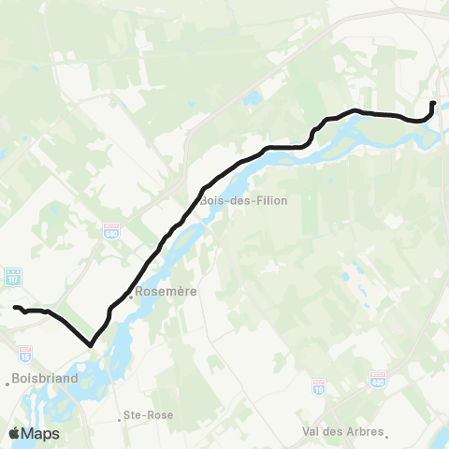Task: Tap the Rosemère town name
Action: click(167, 292)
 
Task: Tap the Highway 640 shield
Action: click(111, 228)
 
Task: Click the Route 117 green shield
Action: click(13, 277)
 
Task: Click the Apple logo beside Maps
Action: click(14, 433)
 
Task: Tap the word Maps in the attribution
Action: click(41, 433)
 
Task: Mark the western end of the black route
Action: click(14, 307)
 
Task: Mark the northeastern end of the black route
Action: click(433, 103)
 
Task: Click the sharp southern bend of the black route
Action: click(91, 344)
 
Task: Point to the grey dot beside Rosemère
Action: click(131, 301)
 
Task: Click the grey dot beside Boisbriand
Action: click(8, 380)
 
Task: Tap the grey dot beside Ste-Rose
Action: click(123, 413)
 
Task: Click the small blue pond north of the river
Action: click(251, 97)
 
